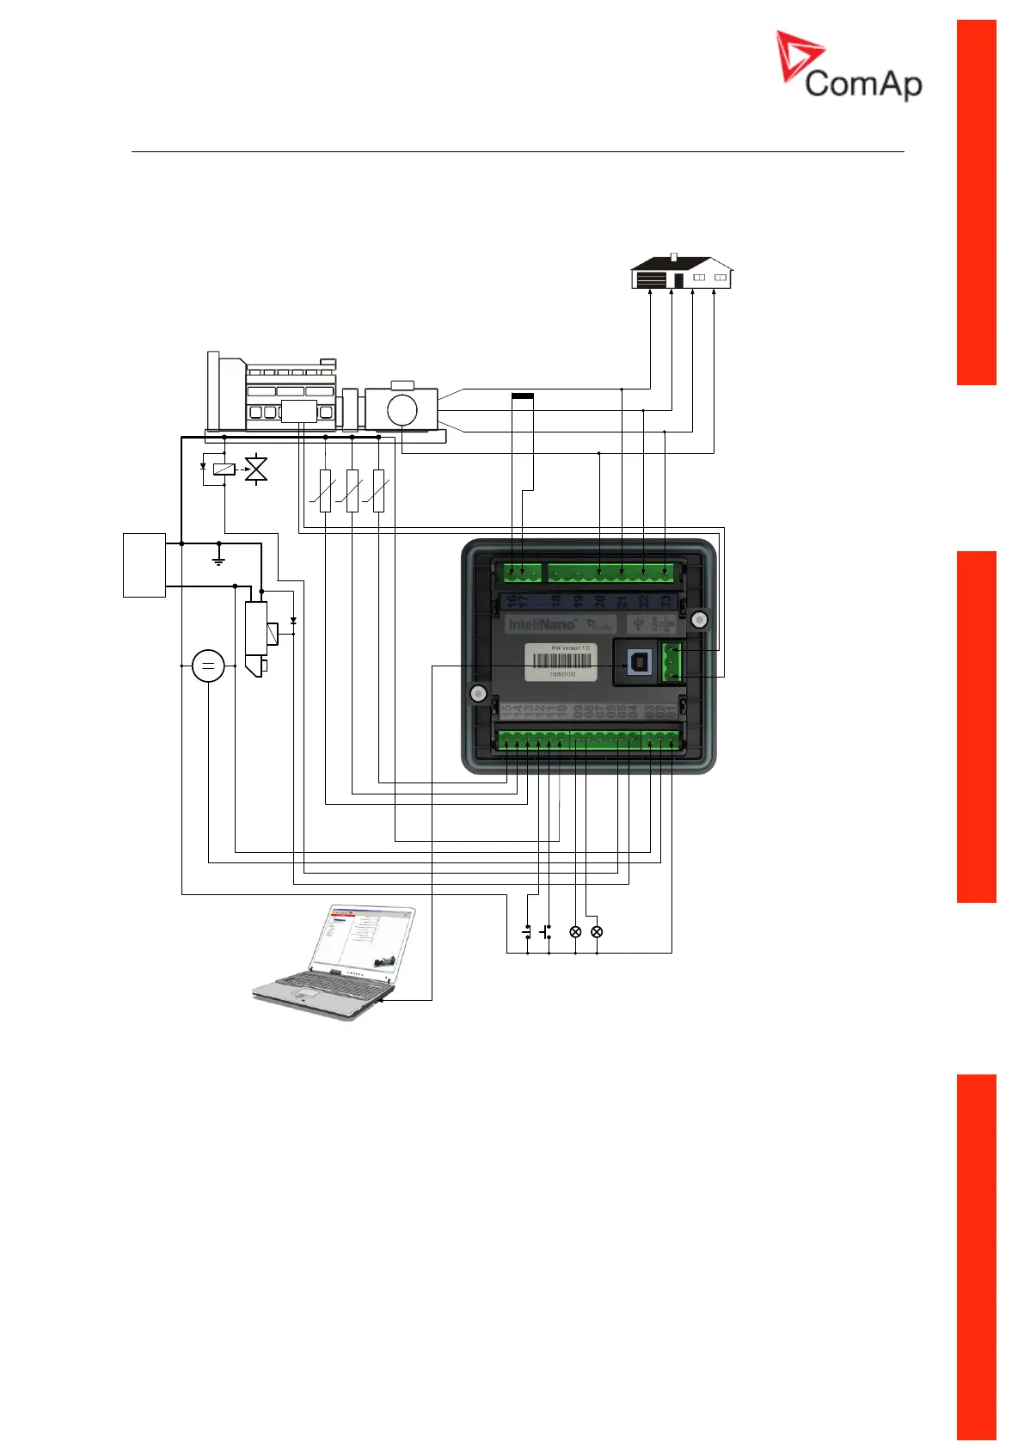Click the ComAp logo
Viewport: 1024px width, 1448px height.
point(849,67)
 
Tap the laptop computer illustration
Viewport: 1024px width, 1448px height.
point(335,963)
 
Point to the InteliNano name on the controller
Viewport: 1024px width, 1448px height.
point(542,624)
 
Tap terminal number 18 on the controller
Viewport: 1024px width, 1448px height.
point(555,601)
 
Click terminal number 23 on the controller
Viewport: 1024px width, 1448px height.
point(665,601)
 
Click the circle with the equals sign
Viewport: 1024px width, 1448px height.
point(208,666)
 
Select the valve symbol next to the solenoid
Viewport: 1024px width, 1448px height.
point(256,469)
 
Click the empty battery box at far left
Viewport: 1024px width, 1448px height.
point(144,565)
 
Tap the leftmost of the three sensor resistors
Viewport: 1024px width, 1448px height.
point(325,490)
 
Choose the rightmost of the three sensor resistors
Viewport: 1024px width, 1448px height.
point(378,490)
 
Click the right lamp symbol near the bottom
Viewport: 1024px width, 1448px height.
point(597,932)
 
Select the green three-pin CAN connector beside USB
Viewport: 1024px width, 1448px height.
point(671,662)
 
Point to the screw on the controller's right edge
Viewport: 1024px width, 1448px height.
point(699,619)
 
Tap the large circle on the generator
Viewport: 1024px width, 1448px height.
point(402,409)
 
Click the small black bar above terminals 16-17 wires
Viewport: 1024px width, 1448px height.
point(522,396)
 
